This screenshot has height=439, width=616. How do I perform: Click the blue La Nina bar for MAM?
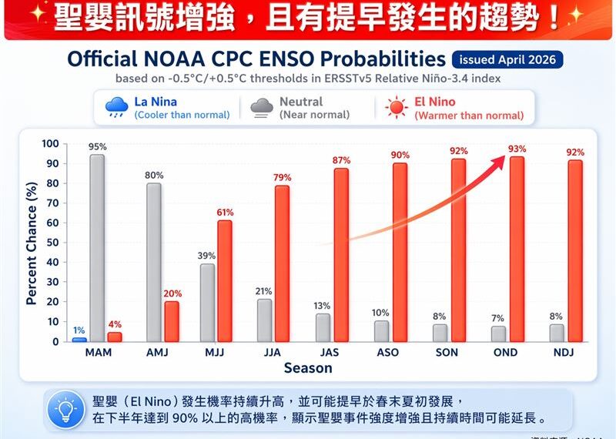pos(79,340)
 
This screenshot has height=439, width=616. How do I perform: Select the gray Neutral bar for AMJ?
pos(154,262)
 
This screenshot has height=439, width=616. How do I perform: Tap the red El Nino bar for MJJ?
pos(224,281)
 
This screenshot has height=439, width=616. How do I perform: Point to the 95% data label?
pos(97,146)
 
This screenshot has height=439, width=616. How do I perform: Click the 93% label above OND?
pos(517,149)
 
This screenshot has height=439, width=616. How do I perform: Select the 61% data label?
pos(225,213)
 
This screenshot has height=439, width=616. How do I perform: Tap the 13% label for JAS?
pos(323,306)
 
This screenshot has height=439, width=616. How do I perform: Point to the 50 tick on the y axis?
pos(50,243)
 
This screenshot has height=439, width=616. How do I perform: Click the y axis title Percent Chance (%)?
pos(32,243)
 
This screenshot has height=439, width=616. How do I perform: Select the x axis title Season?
pos(308,368)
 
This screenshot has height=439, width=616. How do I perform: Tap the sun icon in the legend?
pos(396,108)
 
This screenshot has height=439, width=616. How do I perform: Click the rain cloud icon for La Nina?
pos(116,108)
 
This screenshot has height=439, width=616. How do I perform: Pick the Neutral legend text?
pos(301,102)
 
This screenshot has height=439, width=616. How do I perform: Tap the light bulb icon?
pos(67,410)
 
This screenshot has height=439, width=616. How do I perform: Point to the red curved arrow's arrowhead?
pos(501,159)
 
